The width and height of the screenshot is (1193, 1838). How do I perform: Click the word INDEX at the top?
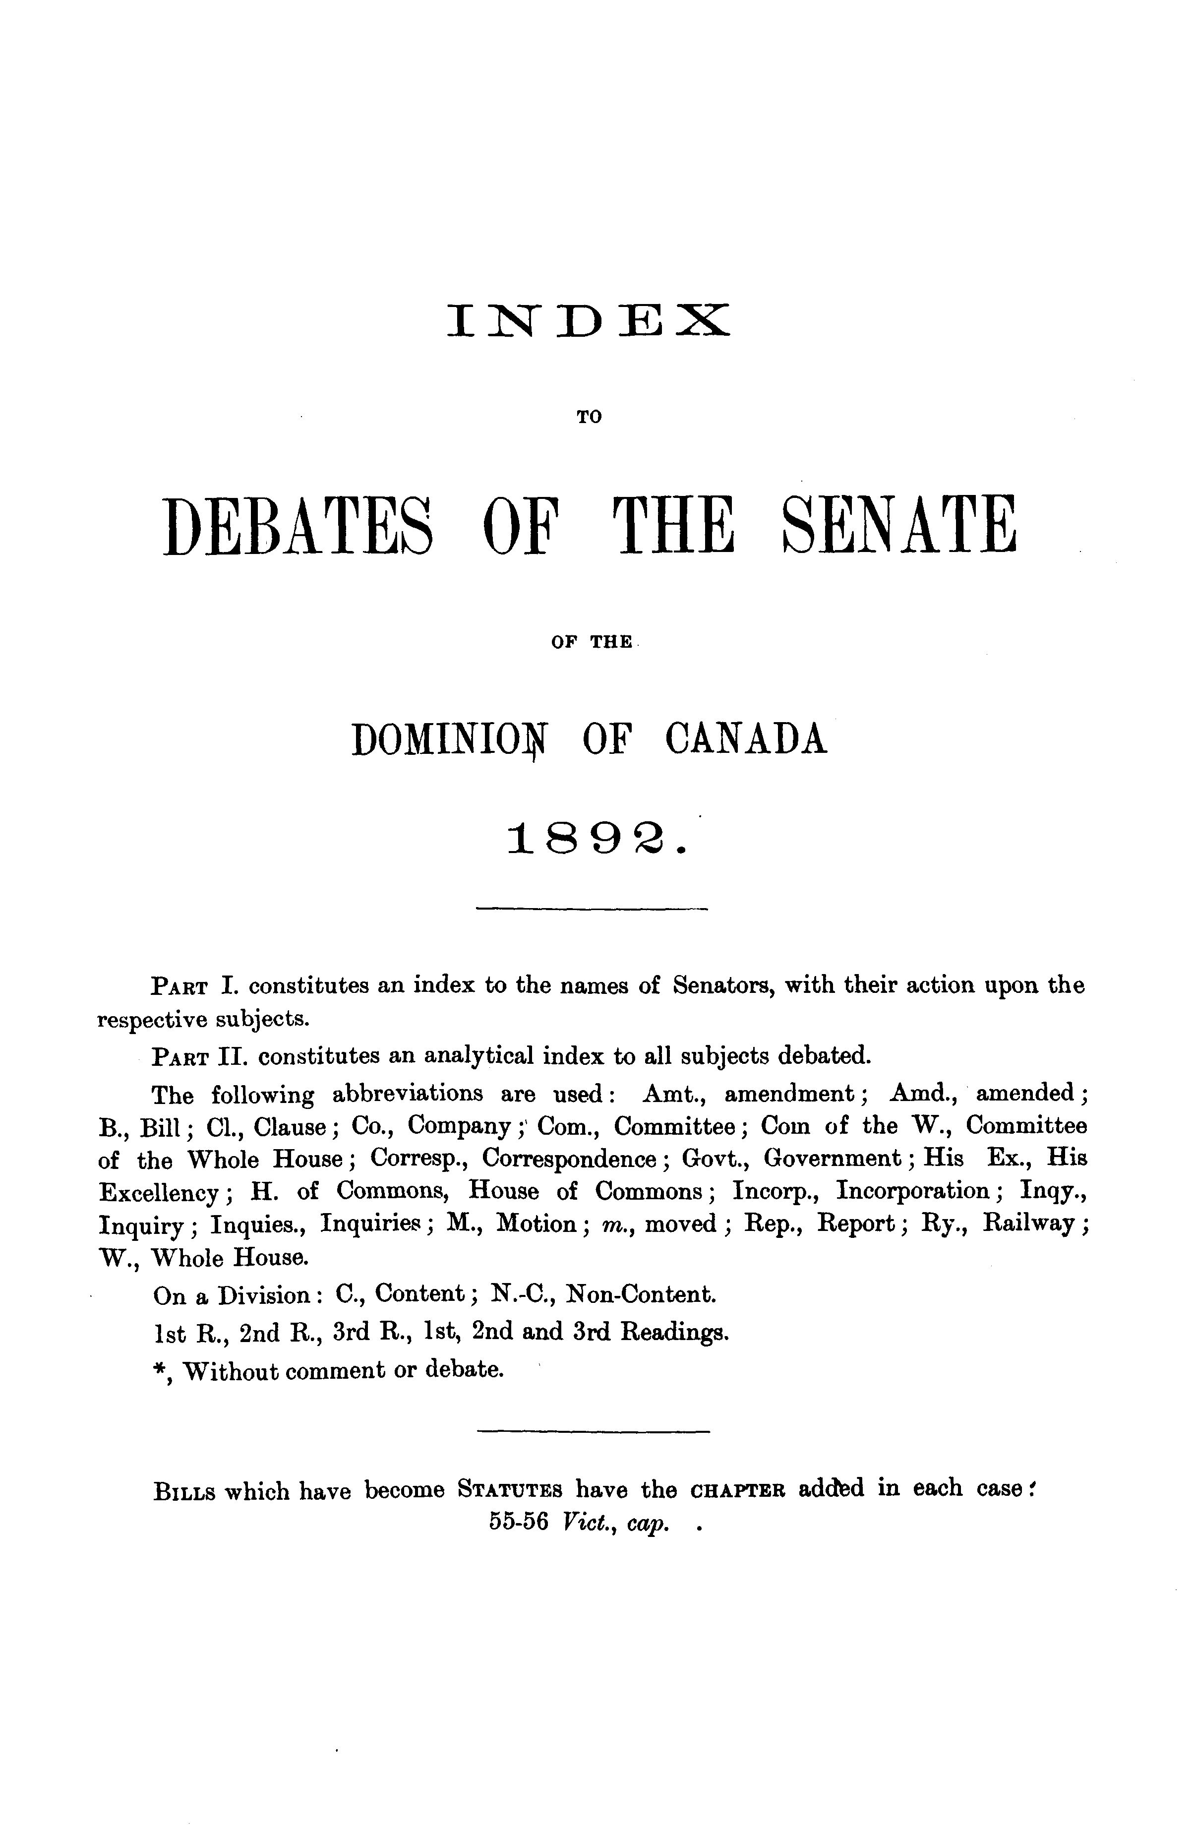[x=588, y=320]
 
